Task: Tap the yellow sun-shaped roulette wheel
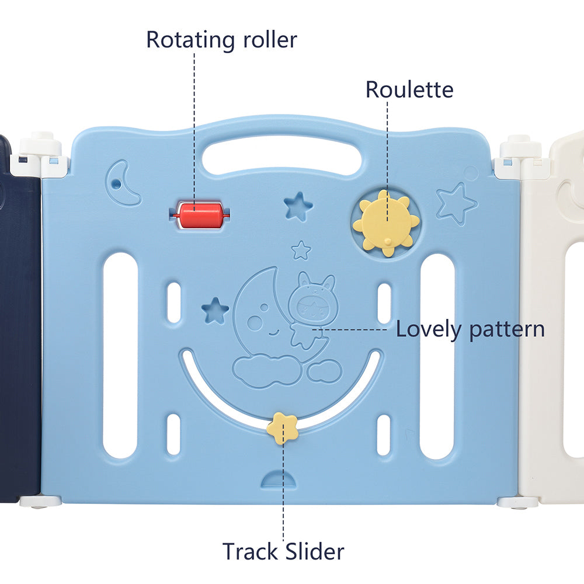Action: click(x=386, y=223)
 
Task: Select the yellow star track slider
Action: click(x=282, y=427)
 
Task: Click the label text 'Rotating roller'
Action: click(x=221, y=40)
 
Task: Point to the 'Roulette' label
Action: click(x=409, y=90)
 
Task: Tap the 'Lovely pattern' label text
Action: click(x=470, y=329)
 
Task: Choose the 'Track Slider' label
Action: click(x=283, y=551)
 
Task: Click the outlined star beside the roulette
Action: click(x=456, y=203)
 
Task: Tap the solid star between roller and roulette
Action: click(x=298, y=206)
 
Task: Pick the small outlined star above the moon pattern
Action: click(x=301, y=251)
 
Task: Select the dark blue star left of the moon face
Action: click(x=215, y=310)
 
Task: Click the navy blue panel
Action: click(x=19, y=327)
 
